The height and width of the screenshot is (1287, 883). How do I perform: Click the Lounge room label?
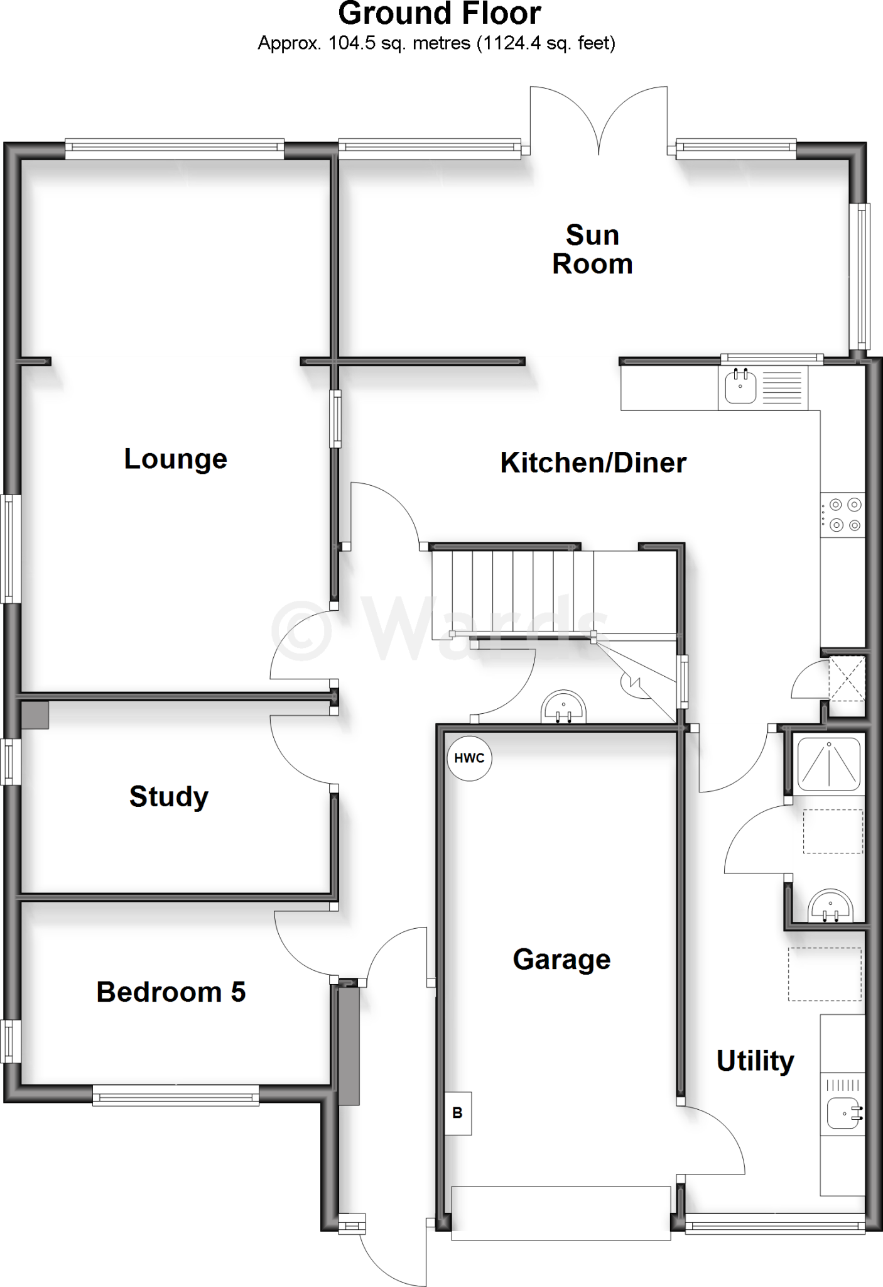(176, 459)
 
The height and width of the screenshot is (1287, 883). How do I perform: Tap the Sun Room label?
(592, 249)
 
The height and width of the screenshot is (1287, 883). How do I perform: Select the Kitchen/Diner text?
(593, 463)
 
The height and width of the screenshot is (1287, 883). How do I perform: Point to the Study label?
(169, 797)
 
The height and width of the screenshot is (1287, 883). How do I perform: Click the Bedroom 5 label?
(171, 992)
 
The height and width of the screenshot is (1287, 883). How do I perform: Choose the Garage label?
(561, 960)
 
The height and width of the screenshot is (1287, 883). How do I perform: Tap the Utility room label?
(755, 1061)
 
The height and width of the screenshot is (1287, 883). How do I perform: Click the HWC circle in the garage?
(470, 759)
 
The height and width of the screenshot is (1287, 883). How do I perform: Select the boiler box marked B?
(458, 1113)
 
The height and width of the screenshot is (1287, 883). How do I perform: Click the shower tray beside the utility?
(828, 763)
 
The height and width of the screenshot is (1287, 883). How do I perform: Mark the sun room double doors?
(598, 123)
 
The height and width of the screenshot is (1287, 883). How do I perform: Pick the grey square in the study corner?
(35, 715)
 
